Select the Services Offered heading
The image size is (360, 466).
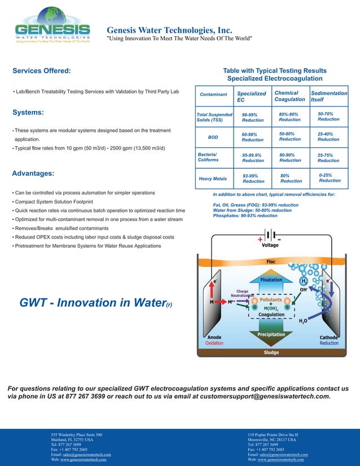(x=42, y=71)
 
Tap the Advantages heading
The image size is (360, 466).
(x=33, y=173)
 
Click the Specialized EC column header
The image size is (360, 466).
(x=251, y=97)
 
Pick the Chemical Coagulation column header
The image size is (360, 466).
(x=289, y=96)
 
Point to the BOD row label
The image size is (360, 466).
(x=213, y=137)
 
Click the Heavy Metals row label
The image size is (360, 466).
(x=213, y=179)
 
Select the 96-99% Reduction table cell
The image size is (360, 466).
(x=252, y=117)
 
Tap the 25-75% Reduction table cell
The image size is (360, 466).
(x=328, y=157)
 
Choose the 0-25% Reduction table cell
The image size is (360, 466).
(x=330, y=178)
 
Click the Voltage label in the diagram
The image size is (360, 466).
(x=270, y=245)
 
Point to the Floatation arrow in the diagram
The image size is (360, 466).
(x=271, y=279)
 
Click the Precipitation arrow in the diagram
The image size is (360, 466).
(x=271, y=334)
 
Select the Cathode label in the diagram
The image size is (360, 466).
(x=328, y=337)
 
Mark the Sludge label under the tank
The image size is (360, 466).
(x=271, y=353)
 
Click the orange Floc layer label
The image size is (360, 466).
(x=271, y=262)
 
